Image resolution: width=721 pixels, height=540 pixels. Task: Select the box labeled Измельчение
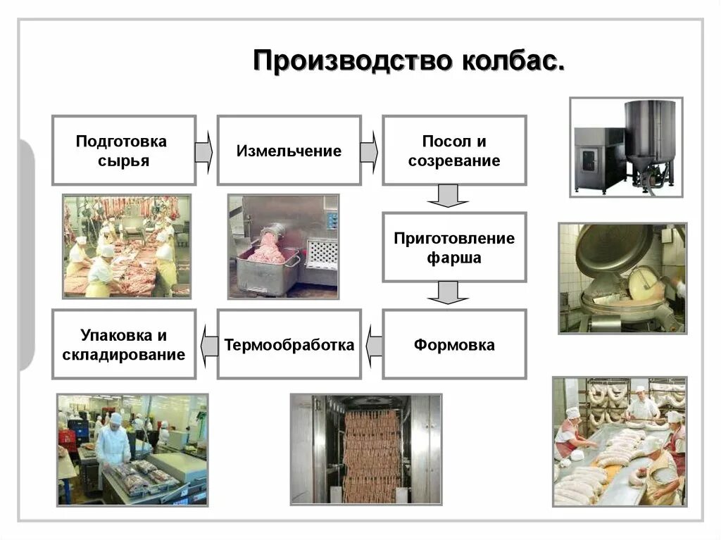point(289,151)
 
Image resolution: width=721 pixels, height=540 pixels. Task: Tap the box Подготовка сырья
point(123,151)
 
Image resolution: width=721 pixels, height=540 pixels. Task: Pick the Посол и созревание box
point(454,151)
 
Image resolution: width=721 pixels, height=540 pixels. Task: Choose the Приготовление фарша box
point(454,247)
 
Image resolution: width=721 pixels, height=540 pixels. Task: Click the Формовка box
point(454,345)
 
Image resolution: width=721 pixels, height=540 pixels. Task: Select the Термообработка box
point(289,345)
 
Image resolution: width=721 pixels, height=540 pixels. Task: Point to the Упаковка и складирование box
point(123,345)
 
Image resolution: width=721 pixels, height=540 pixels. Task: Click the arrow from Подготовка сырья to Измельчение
point(204,151)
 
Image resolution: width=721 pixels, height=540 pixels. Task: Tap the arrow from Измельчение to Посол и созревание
point(370,151)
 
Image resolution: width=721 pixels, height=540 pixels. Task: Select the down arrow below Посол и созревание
point(448,196)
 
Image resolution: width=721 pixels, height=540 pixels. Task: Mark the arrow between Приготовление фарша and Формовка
point(448,293)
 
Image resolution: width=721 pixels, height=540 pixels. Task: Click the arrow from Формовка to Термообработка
point(374,345)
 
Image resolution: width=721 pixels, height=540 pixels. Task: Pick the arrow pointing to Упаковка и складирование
point(208,345)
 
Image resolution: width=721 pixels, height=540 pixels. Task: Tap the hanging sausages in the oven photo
point(371,451)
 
